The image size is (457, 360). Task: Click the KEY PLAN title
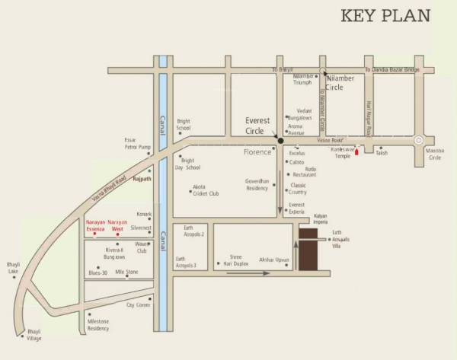tap(385, 16)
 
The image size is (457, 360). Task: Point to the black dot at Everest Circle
tap(280, 141)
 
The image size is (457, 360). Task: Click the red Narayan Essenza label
tap(96, 225)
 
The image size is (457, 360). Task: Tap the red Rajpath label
tap(142, 179)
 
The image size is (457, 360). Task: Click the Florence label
tap(257, 152)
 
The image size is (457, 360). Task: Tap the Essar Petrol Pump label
tap(139, 145)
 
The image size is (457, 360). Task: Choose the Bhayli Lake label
tap(13, 268)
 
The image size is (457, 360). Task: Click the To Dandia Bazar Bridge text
tap(392, 70)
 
